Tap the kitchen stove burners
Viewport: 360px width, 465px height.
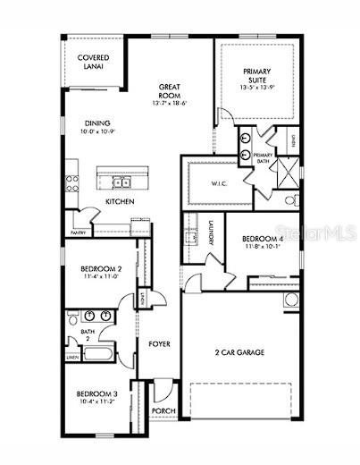click(75, 175)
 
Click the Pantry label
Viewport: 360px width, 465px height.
click(79, 232)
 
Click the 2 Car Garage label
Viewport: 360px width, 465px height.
click(239, 353)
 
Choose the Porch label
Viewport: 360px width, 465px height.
click(163, 411)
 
